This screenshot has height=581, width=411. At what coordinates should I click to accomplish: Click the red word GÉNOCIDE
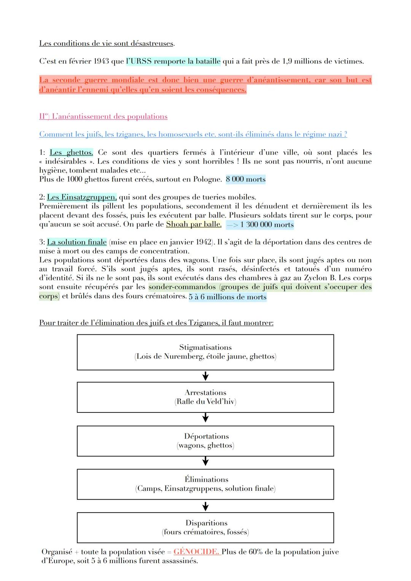(x=196, y=552)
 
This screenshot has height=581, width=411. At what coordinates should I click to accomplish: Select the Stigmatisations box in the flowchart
(x=205, y=352)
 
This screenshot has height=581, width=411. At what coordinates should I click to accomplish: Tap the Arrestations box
(x=205, y=397)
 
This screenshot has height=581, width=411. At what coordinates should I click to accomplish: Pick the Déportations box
(x=205, y=441)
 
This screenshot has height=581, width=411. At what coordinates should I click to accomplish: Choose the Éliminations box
(x=205, y=484)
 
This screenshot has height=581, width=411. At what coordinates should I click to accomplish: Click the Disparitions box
(x=205, y=527)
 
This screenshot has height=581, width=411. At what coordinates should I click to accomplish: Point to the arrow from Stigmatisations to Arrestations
(x=205, y=376)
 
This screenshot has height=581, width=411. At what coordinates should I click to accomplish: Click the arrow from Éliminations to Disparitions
(x=205, y=506)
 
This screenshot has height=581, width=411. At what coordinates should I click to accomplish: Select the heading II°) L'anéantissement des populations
(x=103, y=116)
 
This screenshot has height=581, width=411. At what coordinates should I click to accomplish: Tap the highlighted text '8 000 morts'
(x=245, y=179)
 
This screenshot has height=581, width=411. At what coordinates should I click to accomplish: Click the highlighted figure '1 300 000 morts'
(x=260, y=224)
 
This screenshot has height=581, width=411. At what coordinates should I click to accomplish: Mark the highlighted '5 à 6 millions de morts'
(x=228, y=297)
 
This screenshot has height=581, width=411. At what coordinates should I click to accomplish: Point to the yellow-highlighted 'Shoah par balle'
(x=193, y=224)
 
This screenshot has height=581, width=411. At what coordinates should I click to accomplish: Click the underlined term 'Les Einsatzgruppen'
(x=81, y=197)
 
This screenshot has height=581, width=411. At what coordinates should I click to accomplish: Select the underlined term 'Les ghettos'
(x=71, y=153)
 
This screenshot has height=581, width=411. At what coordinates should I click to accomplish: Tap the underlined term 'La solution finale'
(x=76, y=242)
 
